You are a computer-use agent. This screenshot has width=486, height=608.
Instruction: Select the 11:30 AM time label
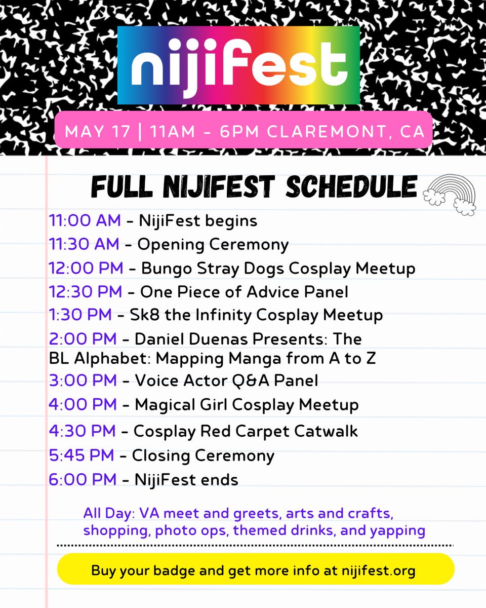coord(84,245)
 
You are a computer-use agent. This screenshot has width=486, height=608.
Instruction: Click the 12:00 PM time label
coord(86,268)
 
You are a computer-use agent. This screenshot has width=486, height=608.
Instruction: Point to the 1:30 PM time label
coord(80,315)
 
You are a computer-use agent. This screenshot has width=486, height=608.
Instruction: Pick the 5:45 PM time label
coord(82,455)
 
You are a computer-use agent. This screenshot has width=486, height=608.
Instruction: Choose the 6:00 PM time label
coord(83,479)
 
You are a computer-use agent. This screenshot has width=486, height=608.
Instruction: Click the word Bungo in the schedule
coord(164,268)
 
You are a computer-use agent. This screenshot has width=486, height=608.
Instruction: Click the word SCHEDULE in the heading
coord(351,187)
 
